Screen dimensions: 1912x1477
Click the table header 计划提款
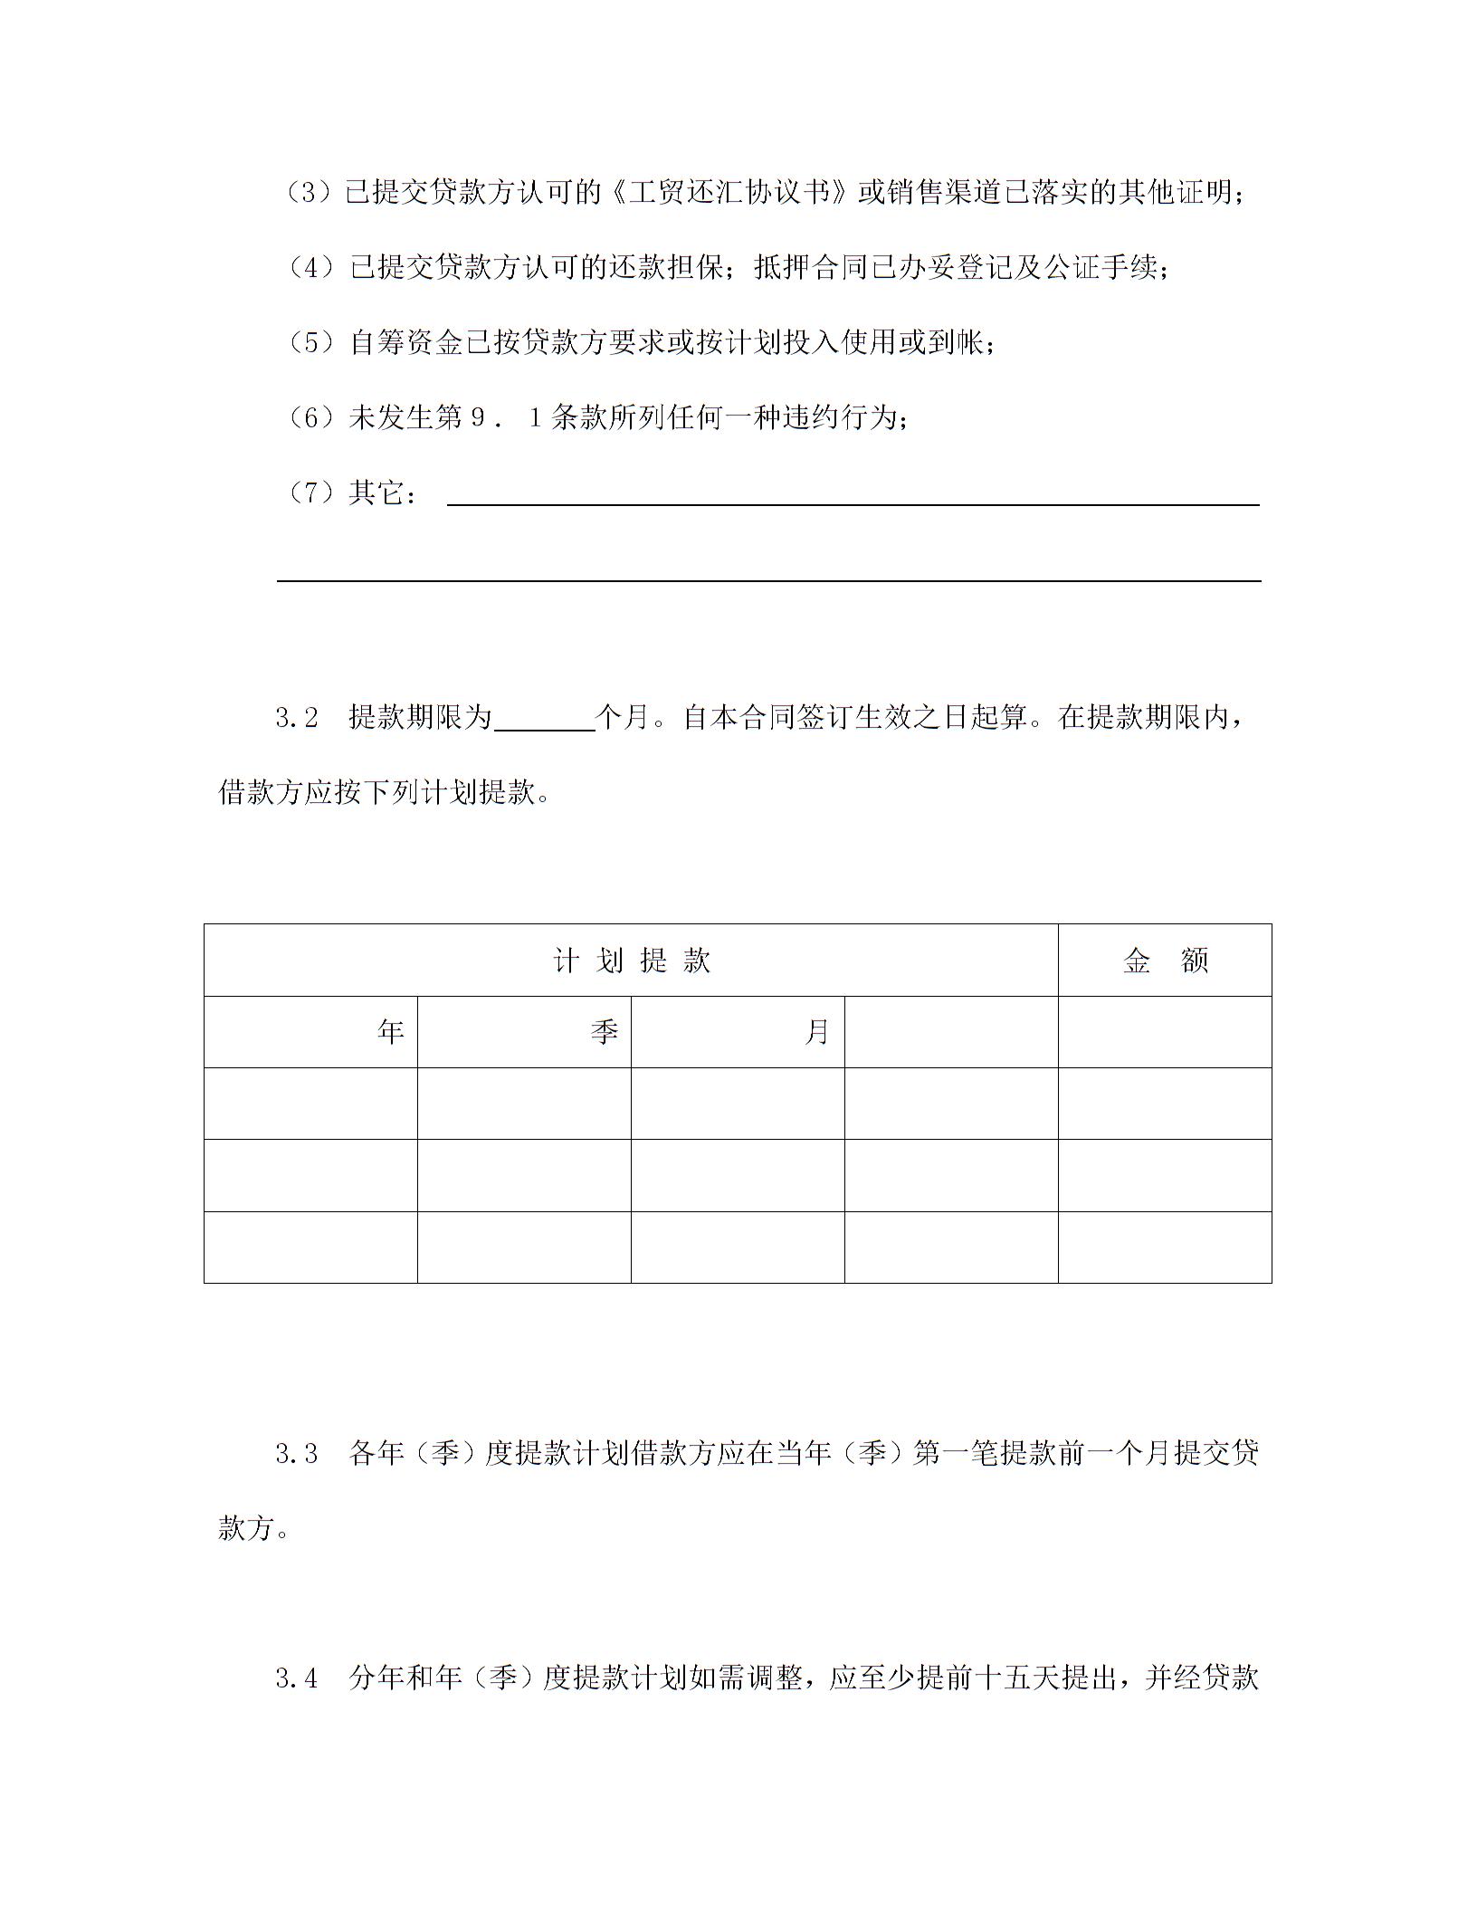click(x=631, y=961)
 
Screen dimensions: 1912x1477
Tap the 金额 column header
click(x=1165, y=961)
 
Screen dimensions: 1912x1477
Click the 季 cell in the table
click(x=604, y=1032)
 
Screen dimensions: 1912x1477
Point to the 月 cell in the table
click(x=816, y=1032)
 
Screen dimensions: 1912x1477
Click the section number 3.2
click(x=297, y=718)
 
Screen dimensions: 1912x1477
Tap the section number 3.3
click(x=297, y=1454)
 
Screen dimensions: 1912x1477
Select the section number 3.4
click(x=297, y=1678)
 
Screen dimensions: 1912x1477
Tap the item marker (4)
click(x=312, y=268)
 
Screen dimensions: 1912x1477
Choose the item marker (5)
click(x=312, y=343)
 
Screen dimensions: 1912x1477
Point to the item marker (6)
click(x=312, y=418)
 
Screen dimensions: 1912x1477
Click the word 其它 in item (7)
click(x=376, y=493)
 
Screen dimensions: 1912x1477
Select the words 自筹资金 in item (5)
click(x=406, y=343)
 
